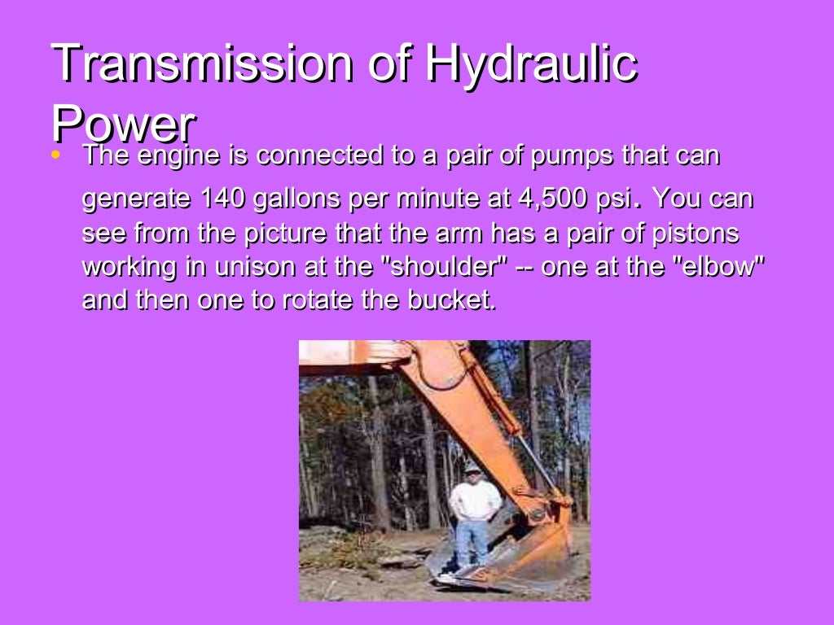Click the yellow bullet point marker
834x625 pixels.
(55, 154)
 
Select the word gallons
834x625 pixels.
(297, 199)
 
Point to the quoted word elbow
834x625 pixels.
(718, 267)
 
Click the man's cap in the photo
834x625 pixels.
(472, 468)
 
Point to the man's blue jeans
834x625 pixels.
(472, 541)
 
